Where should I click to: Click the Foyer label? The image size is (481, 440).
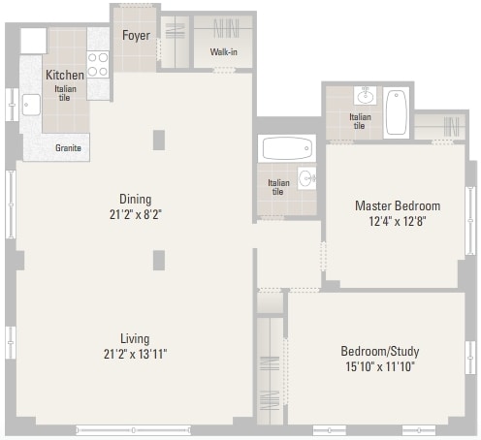point(136,35)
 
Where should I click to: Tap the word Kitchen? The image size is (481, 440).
point(65,75)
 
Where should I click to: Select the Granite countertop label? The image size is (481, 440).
point(68,148)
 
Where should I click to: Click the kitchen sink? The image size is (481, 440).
point(31,105)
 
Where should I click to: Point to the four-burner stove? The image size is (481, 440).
point(98,64)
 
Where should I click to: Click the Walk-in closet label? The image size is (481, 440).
point(224,51)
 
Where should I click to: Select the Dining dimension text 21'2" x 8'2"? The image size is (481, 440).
point(136,214)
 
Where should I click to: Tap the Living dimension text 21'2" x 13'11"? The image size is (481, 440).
point(135,354)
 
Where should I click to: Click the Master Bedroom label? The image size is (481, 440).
point(398,205)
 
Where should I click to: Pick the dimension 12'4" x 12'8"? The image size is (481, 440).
point(398,221)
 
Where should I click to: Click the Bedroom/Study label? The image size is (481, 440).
point(380,351)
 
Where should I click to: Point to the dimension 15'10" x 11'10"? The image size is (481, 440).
point(380,366)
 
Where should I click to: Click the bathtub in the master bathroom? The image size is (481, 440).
point(397,112)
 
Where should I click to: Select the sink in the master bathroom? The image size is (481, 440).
point(366,95)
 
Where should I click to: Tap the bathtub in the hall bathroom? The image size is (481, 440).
point(287,148)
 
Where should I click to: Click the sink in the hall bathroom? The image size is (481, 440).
point(306,178)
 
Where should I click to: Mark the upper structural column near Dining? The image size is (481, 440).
point(159,140)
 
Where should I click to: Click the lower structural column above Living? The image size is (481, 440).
point(159,260)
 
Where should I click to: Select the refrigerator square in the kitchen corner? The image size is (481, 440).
point(34,41)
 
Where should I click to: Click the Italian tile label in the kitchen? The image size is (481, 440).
point(65,93)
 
